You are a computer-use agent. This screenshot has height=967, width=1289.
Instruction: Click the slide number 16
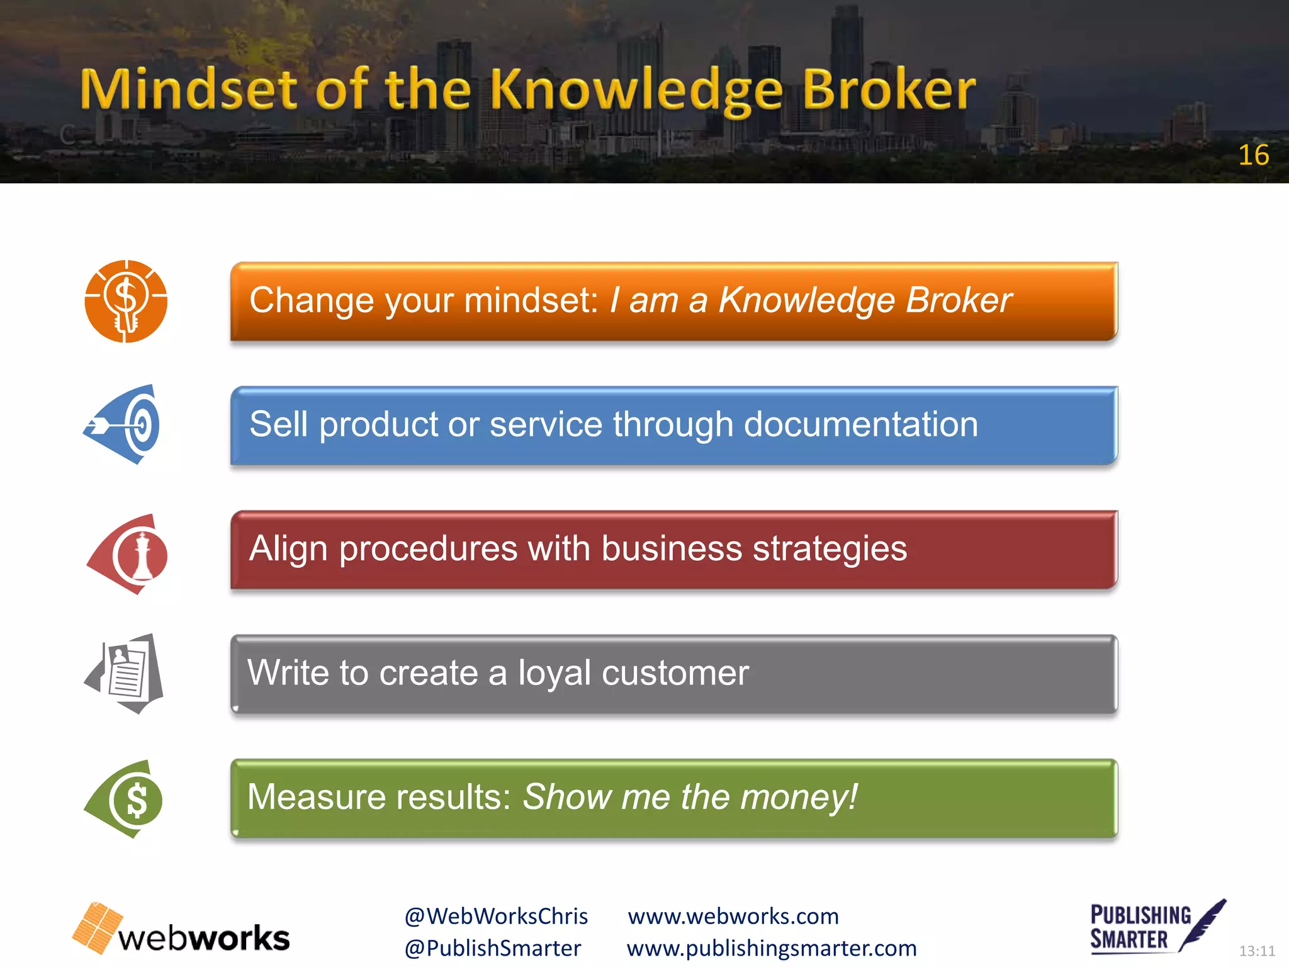(x=1253, y=155)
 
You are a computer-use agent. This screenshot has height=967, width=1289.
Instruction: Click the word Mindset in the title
(x=188, y=89)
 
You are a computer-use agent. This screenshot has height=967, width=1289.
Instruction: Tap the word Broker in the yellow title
(x=888, y=89)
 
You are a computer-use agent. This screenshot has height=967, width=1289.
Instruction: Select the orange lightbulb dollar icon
(x=126, y=301)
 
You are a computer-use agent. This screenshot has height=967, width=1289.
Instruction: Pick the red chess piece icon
(x=129, y=554)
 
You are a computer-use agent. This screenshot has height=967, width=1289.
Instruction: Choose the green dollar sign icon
(x=126, y=800)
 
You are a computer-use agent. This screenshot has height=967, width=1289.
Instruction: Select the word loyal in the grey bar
(x=554, y=673)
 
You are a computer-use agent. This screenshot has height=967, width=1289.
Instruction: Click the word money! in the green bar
(x=799, y=797)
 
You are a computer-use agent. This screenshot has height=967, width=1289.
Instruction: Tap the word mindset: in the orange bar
(x=531, y=300)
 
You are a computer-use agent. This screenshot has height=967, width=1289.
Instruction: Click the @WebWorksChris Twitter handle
(x=496, y=916)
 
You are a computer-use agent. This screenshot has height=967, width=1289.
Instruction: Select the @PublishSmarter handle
(x=493, y=948)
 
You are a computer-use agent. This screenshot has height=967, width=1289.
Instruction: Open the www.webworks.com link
(x=733, y=916)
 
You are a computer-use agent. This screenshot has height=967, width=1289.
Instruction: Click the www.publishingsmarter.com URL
(x=772, y=948)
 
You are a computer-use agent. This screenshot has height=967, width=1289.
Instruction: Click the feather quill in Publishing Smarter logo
(x=1203, y=924)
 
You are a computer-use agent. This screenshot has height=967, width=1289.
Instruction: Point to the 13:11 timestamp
(x=1256, y=951)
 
